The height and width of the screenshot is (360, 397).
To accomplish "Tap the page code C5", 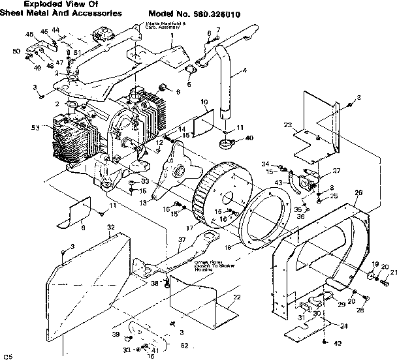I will pyautogui.click(x=8, y=355).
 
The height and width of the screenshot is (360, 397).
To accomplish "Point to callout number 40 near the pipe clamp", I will pyautogui.click(x=249, y=138).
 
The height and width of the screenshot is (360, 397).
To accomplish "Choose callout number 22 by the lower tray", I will pyautogui.click(x=236, y=297).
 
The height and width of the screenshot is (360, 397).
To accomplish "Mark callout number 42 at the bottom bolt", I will pyautogui.click(x=338, y=344).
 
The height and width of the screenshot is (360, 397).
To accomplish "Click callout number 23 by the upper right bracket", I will pyautogui.click(x=287, y=125).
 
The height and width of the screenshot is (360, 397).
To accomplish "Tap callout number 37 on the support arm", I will pyautogui.click(x=182, y=240).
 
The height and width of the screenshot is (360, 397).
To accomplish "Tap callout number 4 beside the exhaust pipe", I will pyautogui.click(x=244, y=70).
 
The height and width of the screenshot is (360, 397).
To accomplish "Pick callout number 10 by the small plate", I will pyautogui.click(x=204, y=102).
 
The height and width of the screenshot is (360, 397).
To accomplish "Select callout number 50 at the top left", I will pyautogui.click(x=16, y=51).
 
